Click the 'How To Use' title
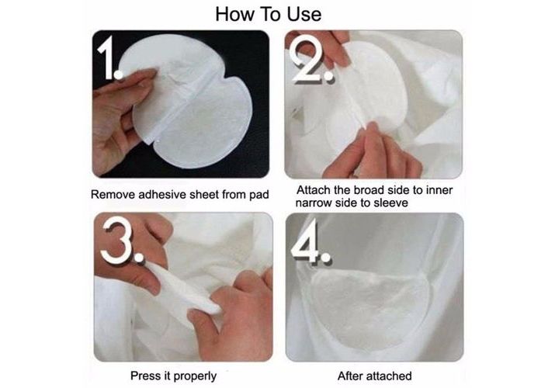click(x=269, y=15)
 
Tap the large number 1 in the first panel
click(x=109, y=57)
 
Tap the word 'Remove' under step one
click(x=113, y=195)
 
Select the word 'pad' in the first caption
click(x=258, y=195)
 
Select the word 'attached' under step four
click(x=390, y=376)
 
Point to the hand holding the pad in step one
click(x=116, y=116)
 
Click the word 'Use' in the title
click(x=304, y=15)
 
